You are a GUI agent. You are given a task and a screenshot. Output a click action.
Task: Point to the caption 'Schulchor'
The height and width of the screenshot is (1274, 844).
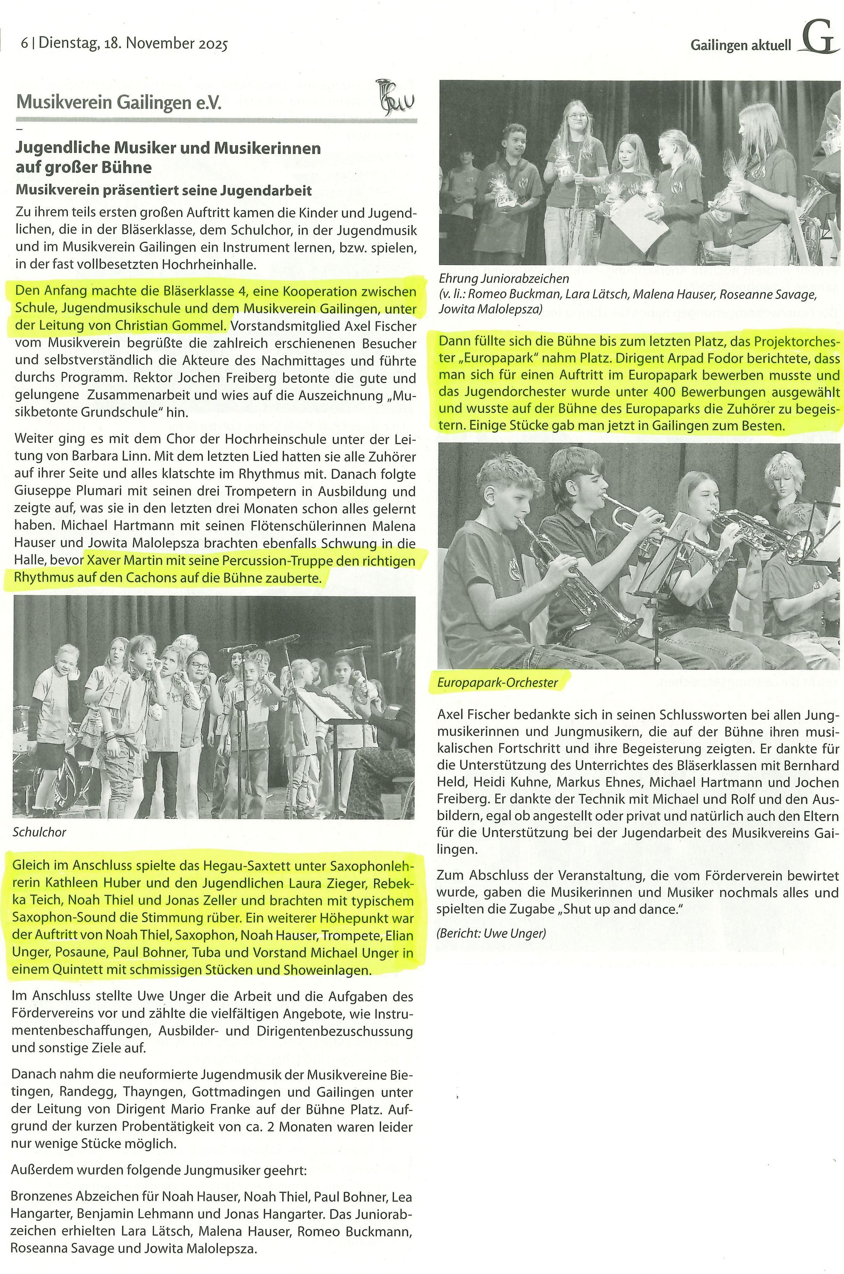(x=39, y=832)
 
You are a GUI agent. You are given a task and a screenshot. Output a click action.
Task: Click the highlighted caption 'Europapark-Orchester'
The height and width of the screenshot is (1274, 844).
(x=497, y=683)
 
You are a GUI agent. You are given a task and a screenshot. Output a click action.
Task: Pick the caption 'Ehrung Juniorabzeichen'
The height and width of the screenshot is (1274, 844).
(x=504, y=278)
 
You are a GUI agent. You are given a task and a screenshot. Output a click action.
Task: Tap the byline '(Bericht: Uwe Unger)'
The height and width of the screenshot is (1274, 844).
(x=491, y=933)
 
